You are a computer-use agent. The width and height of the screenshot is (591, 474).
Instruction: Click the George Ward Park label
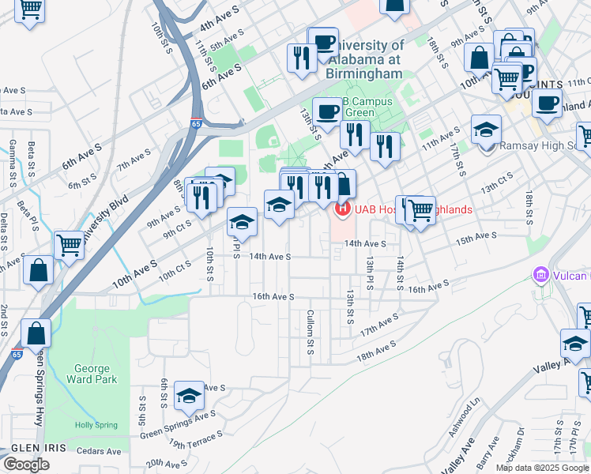tap(96, 374)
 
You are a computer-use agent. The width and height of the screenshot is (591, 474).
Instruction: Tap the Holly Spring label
tap(96, 425)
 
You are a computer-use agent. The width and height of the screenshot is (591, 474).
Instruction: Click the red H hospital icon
tap(342, 209)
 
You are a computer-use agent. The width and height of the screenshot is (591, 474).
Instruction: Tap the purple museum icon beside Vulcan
tap(541, 275)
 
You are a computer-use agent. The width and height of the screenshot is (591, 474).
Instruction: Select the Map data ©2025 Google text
tap(542, 468)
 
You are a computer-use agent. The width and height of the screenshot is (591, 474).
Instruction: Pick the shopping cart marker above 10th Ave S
tap(70, 245)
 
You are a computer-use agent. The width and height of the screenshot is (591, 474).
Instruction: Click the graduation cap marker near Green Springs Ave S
tap(189, 397)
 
